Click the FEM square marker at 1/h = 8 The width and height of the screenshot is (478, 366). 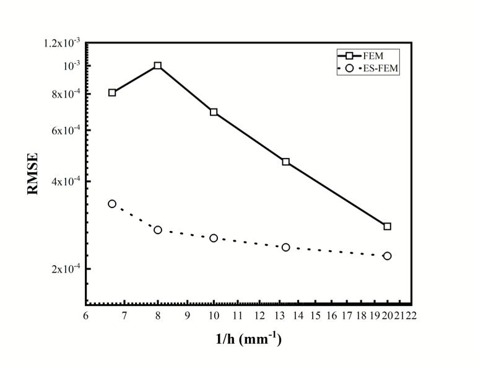[x=158, y=66]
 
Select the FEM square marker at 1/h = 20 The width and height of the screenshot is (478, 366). [x=387, y=226]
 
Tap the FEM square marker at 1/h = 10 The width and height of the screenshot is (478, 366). [x=214, y=112]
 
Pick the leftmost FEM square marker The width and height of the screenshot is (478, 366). [x=112, y=93]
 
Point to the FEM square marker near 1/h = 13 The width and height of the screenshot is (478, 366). [x=285, y=162]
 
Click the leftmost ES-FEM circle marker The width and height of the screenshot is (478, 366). [x=112, y=204]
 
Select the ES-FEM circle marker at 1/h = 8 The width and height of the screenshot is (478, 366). [x=158, y=230]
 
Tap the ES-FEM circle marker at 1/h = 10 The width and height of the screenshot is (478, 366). [x=214, y=238]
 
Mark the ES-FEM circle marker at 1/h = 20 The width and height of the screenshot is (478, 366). [x=387, y=256]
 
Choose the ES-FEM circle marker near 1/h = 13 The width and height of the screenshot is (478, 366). [x=285, y=247]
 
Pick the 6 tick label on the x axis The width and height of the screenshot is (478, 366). [x=85, y=315]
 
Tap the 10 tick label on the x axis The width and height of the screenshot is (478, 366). [x=214, y=315]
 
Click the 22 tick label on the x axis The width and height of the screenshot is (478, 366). [x=410, y=315]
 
